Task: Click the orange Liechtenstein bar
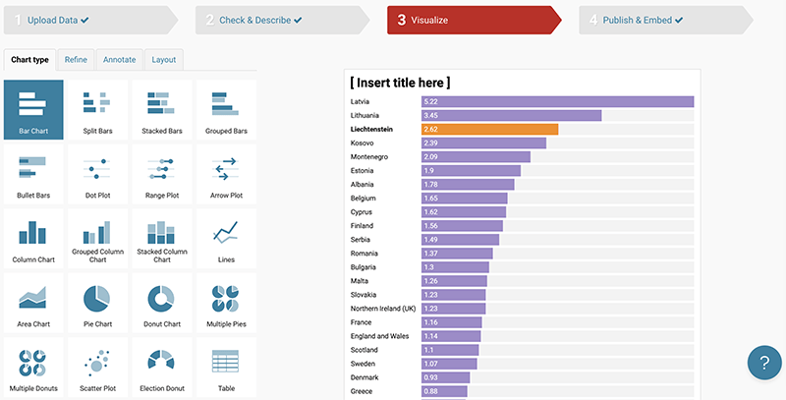pos(488,129)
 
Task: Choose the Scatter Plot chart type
pos(95,366)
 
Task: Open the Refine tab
pos(76,60)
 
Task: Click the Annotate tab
pos(119,60)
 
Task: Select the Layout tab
pos(164,60)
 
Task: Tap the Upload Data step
pos(59,20)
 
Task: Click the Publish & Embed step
pos(644,20)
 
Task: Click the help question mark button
pos(763,362)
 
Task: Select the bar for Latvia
pos(556,101)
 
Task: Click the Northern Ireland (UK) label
pos(383,308)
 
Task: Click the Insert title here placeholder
pos(401,83)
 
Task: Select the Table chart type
pos(226,366)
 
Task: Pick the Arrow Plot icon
pos(226,173)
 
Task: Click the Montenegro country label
pos(369,156)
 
